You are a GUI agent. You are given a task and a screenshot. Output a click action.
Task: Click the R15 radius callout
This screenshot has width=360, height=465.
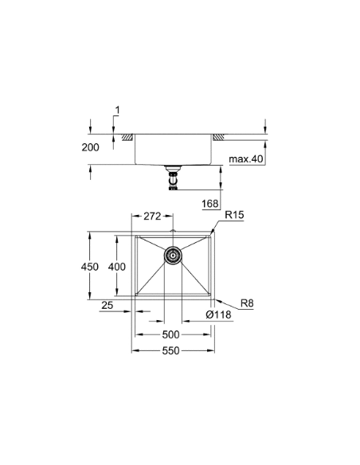234,215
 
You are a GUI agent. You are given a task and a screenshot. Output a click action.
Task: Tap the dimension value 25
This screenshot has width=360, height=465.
107,303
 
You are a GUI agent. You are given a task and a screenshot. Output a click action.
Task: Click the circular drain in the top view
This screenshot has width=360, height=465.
173,256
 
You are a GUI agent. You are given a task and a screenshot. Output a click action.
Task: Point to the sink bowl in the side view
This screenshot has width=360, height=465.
173,151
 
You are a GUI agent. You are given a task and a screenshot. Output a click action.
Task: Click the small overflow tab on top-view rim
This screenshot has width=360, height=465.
173,232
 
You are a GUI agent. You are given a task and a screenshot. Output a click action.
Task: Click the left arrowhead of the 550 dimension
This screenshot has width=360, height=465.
135,350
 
